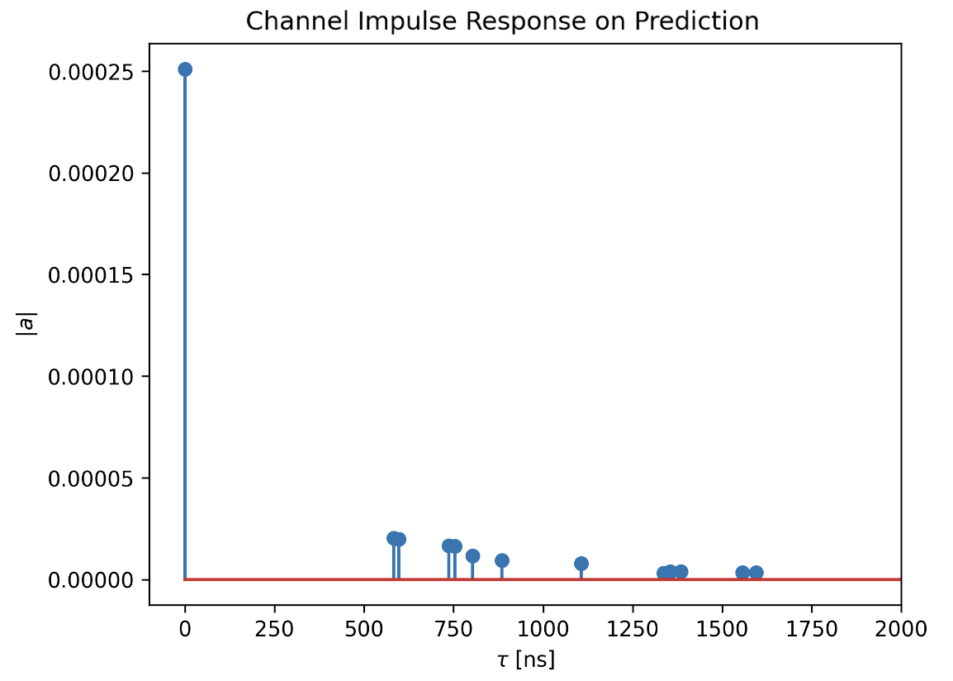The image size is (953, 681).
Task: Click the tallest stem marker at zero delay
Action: (x=185, y=69)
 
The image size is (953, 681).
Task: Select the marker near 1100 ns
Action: (x=581, y=564)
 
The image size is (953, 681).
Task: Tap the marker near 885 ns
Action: (x=501, y=560)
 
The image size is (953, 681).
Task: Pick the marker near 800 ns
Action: (x=472, y=555)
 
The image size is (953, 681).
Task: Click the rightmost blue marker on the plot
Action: (x=756, y=572)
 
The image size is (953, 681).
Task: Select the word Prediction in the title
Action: (x=696, y=21)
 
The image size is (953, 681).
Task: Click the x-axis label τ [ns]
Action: (x=526, y=660)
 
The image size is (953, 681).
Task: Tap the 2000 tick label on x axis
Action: (x=901, y=629)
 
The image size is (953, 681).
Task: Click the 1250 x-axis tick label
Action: (x=633, y=629)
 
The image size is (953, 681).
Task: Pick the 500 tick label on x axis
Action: (x=363, y=629)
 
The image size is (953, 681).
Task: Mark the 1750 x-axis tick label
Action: (x=812, y=629)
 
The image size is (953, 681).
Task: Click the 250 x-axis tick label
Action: (x=274, y=629)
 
